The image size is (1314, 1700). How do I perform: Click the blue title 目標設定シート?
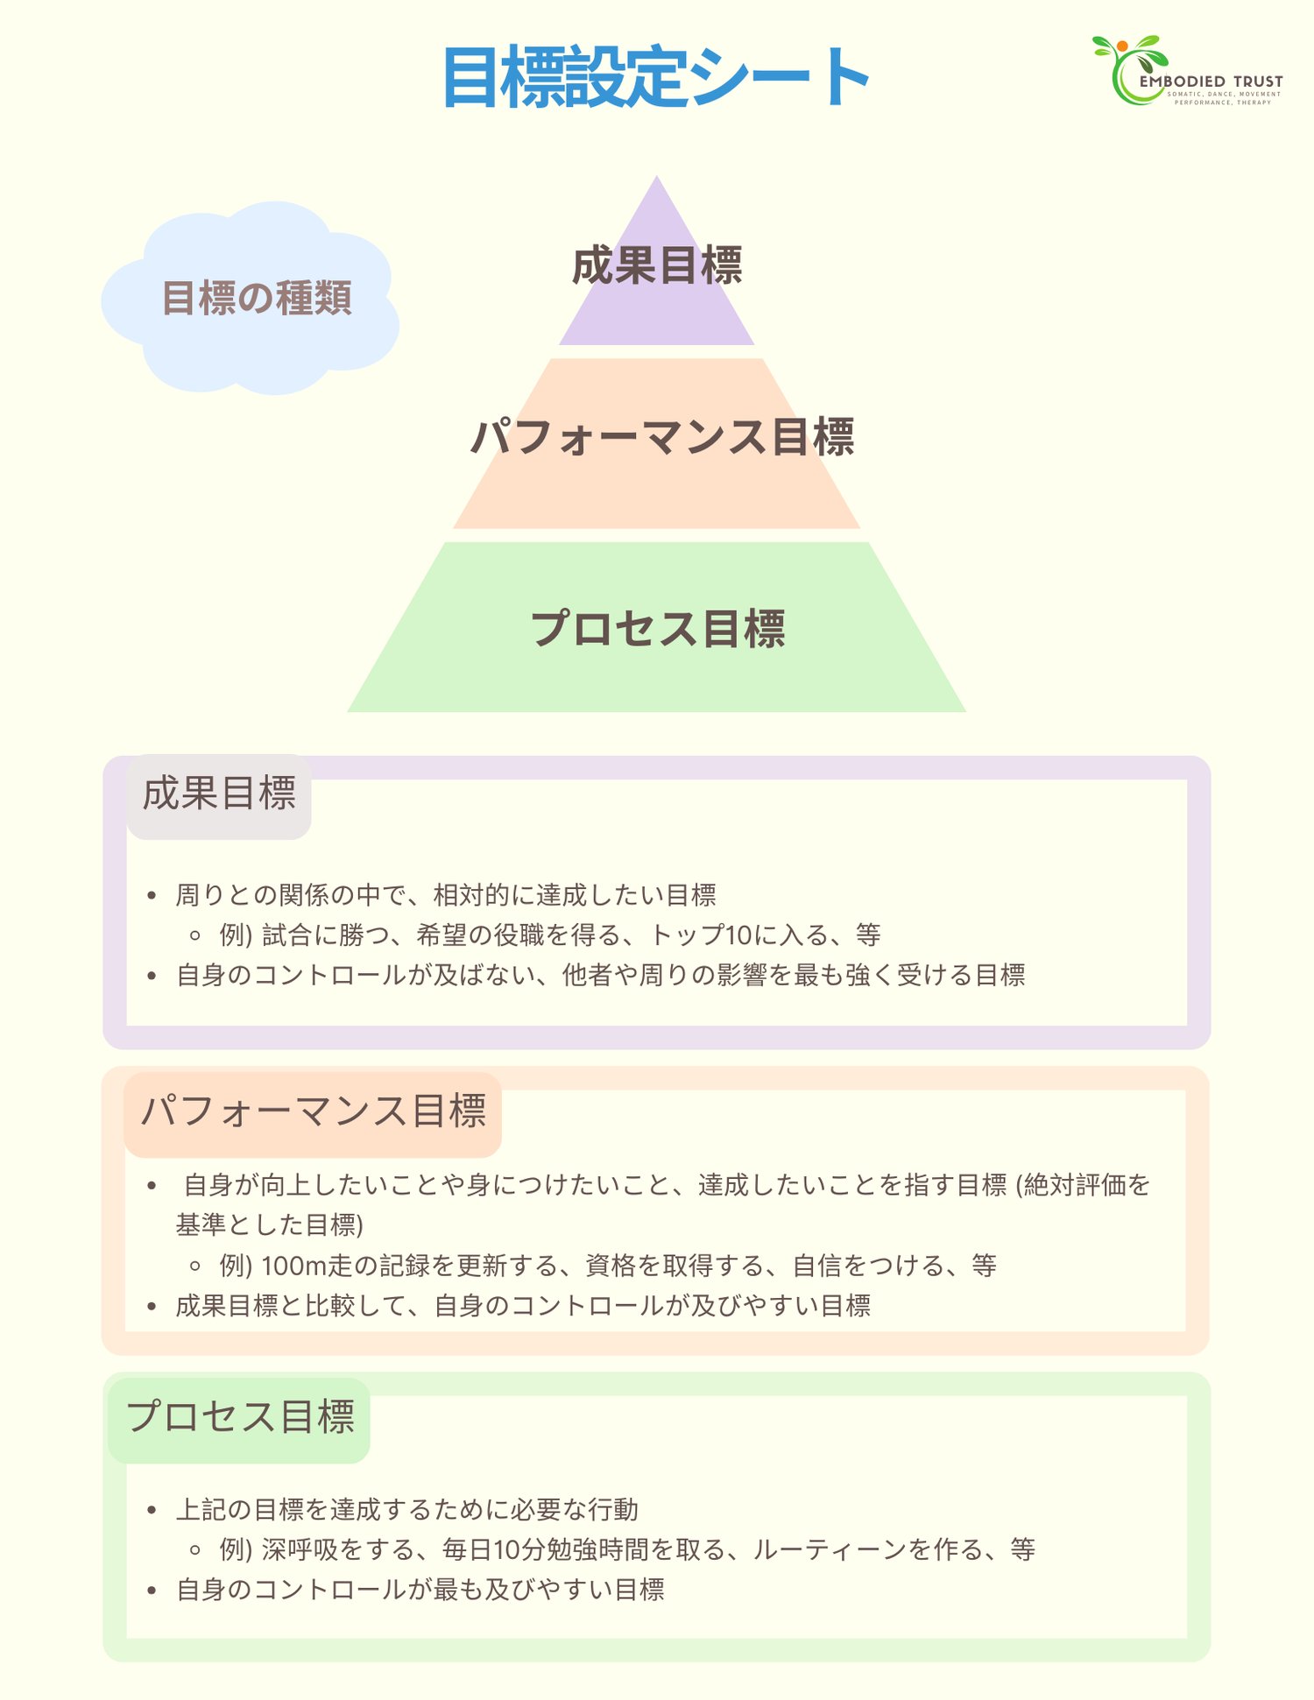pyautogui.click(x=655, y=78)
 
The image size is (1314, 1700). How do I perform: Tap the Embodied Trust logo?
pyautogui.click(x=1187, y=71)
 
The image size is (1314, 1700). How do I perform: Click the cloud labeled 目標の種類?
pyautogui.click(x=254, y=298)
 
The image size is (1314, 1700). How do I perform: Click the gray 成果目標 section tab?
pyautogui.click(x=219, y=794)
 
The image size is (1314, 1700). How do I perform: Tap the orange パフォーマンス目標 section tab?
pyautogui.click(x=313, y=1112)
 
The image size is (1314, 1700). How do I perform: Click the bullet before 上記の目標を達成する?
pyautogui.click(x=152, y=1510)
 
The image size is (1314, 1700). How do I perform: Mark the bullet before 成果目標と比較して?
pyautogui.click(x=152, y=1306)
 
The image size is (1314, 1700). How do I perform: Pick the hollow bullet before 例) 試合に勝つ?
pyautogui.click(x=195, y=935)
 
